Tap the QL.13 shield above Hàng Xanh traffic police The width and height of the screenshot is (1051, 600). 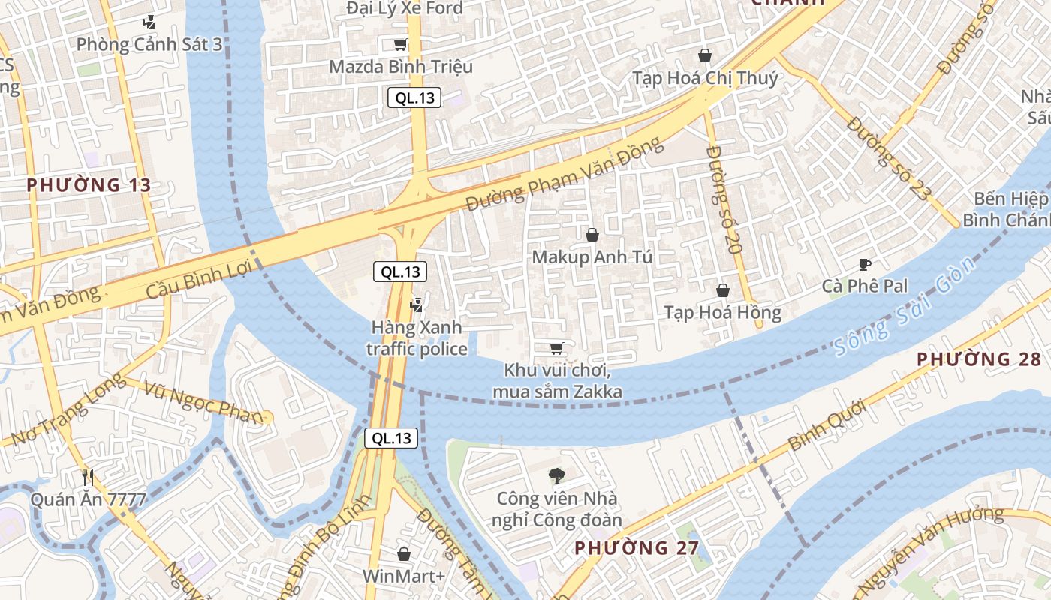[400, 271]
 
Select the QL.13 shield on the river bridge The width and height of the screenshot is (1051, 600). [391, 438]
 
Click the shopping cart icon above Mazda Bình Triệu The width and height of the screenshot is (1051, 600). [401, 44]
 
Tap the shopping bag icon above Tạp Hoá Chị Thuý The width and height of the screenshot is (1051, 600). [705, 55]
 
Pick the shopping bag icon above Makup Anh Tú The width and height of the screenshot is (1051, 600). [592, 235]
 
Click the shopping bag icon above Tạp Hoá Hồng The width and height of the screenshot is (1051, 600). [723, 290]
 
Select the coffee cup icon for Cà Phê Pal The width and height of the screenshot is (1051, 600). [865, 264]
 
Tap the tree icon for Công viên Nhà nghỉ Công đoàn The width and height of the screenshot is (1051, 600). [556, 475]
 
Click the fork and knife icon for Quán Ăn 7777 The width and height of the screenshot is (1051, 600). [88, 476]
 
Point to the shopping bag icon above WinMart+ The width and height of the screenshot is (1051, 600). [404, 554]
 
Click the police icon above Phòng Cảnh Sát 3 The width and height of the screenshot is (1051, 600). [149, 22]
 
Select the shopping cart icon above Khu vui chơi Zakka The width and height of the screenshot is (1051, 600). [556, 348]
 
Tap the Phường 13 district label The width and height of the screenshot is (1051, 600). [89, 184]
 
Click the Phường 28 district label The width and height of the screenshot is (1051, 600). [978, 358]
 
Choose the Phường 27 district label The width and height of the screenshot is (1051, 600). [637, 547]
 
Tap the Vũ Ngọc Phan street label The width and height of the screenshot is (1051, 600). [204, 402]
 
